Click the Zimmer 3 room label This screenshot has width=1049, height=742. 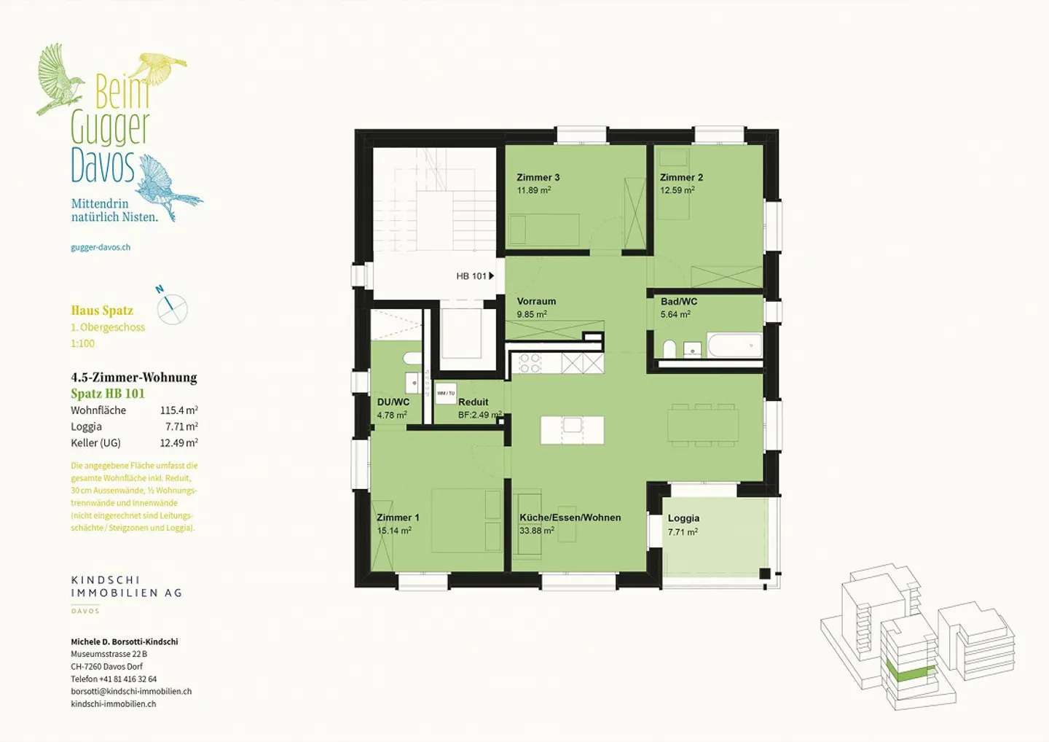click(538, 177)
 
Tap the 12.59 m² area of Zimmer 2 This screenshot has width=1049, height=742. click(677, 190)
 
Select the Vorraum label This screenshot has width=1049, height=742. click(536, 301)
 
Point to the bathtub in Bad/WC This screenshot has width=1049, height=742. click(734, 345)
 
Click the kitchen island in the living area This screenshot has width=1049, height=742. click(572, 429)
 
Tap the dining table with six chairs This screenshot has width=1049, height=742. click(703, 424)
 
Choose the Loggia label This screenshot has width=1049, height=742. click(683, 518)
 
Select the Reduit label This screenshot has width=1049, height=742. click(474, 402)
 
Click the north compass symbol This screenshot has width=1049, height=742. click(172, 308)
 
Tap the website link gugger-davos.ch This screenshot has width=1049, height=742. click(101, 247)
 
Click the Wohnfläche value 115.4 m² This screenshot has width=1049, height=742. click(178, 410)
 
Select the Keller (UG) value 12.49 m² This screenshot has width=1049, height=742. click(178, 442)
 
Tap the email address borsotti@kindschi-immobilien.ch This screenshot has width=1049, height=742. click(131, 691)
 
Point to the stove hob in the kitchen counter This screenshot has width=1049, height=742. click(530, 363)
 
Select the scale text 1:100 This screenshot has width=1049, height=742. click(82, 343)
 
